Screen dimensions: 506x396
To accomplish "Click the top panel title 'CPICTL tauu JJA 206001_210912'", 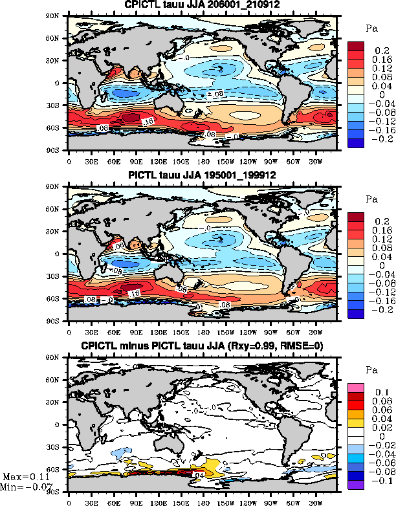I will (x=202, y=6).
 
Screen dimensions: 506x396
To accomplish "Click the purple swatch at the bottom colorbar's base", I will (x=358, y=485).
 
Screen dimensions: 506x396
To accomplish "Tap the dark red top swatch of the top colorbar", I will (x=358, y=46).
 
